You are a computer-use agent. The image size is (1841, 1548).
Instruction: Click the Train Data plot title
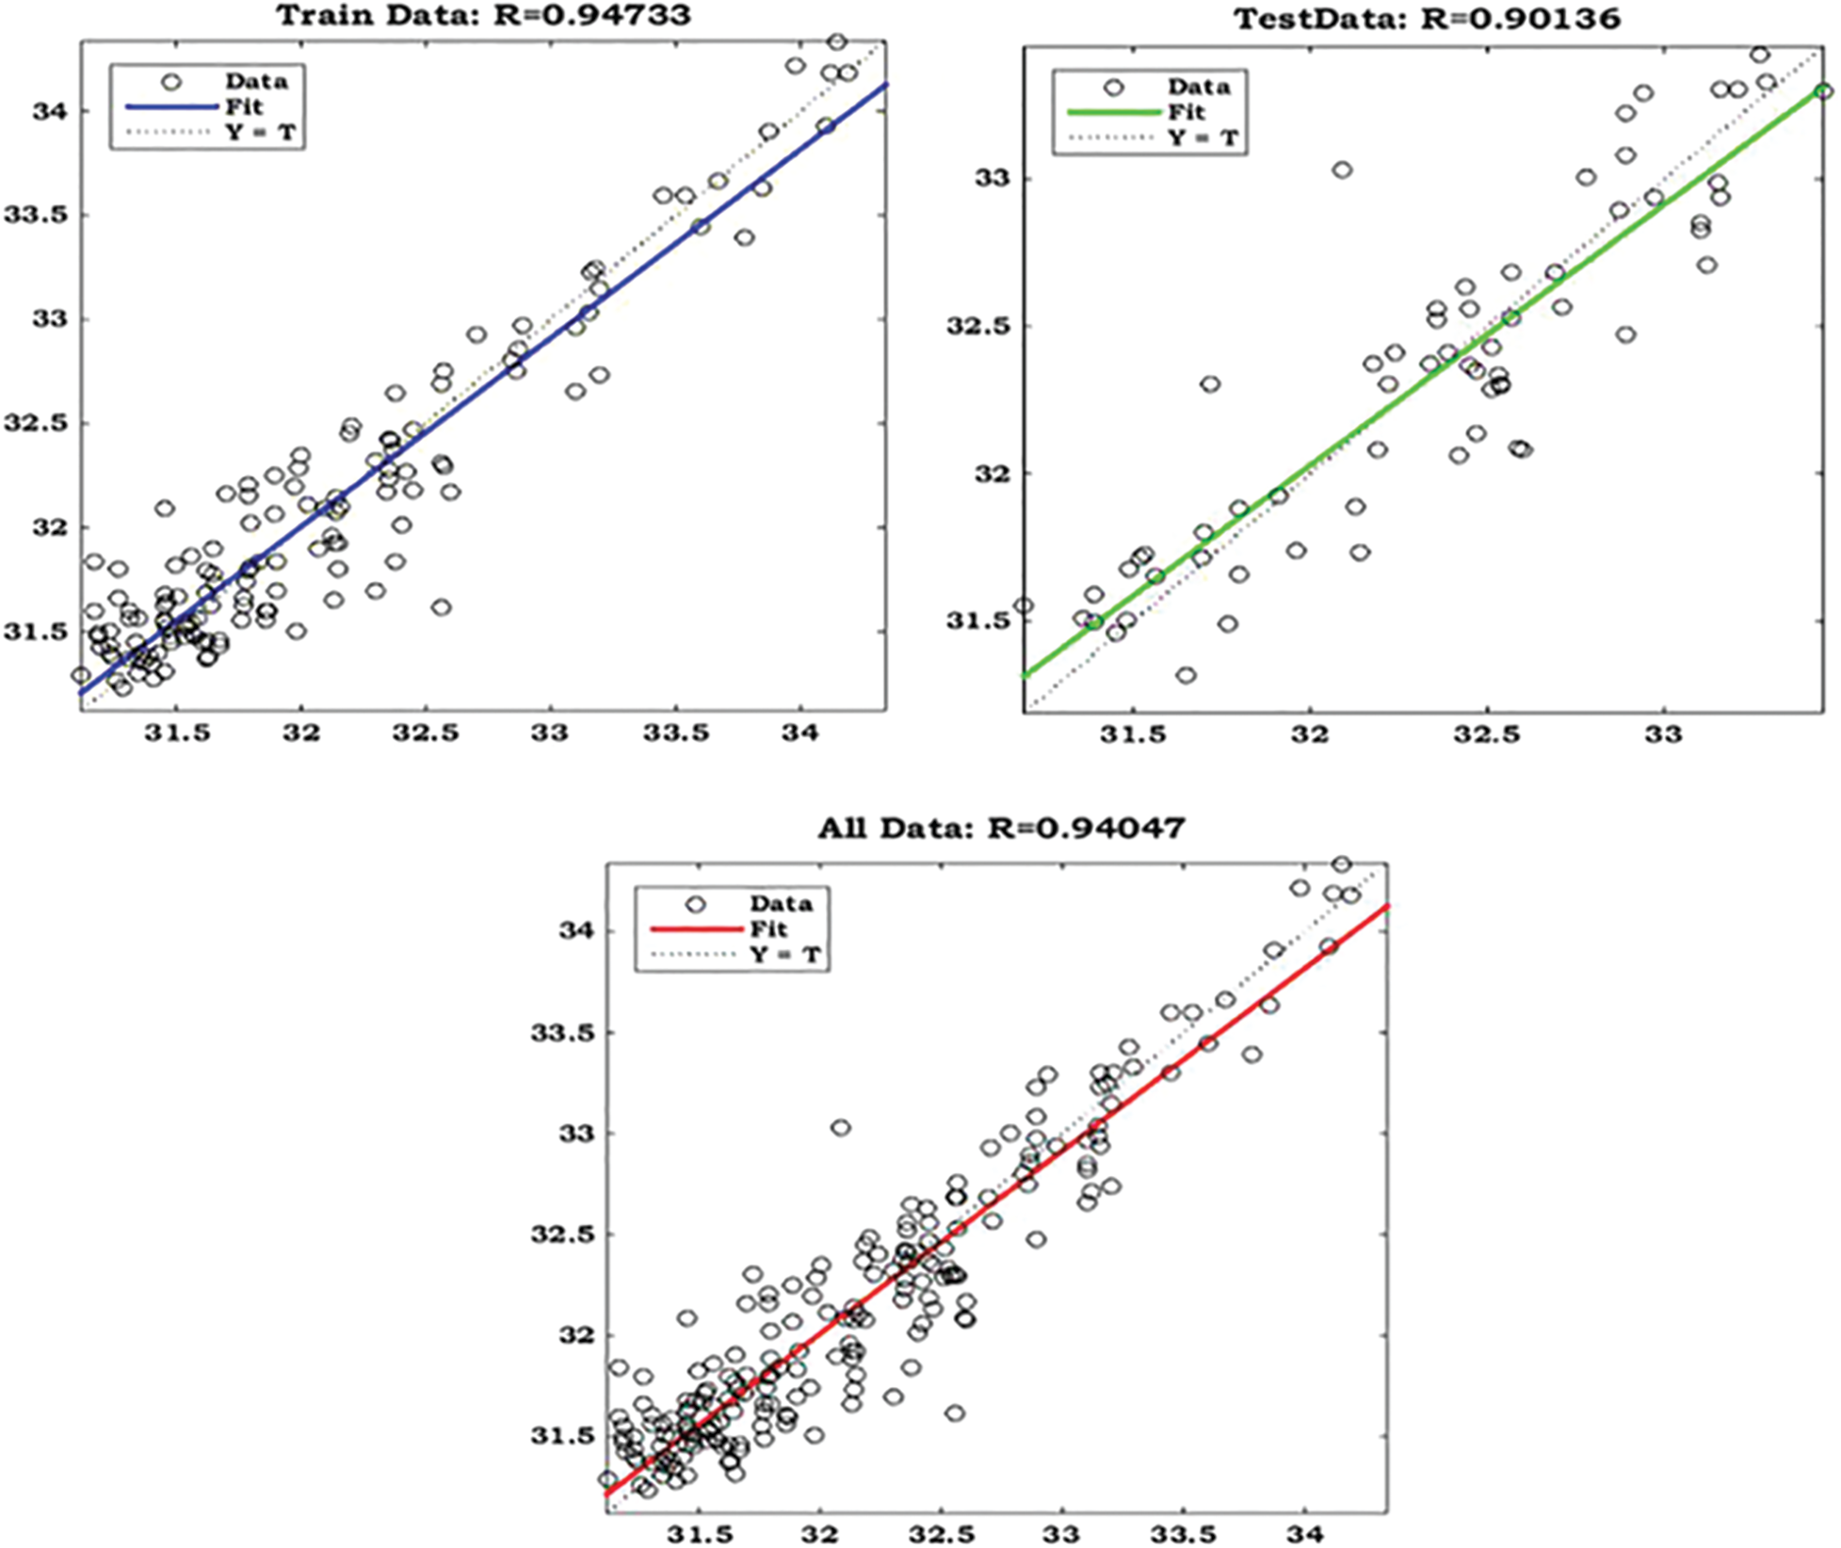(483, 14)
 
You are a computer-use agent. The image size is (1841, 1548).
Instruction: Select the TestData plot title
(1427, 18)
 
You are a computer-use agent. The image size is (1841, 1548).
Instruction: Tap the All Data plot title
(1000, 828)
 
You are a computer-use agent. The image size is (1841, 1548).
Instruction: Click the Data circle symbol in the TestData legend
(1114, 88)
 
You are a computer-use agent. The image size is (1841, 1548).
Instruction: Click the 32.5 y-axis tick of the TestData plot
(974, 326)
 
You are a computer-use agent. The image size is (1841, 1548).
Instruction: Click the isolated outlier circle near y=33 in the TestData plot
(1342, 170)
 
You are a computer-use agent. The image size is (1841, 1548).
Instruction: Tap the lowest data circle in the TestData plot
(1187, 675)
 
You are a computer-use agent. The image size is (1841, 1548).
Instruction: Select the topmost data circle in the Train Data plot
(837, 41)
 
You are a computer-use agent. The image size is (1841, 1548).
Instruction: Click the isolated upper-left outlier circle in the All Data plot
(840, 1127)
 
